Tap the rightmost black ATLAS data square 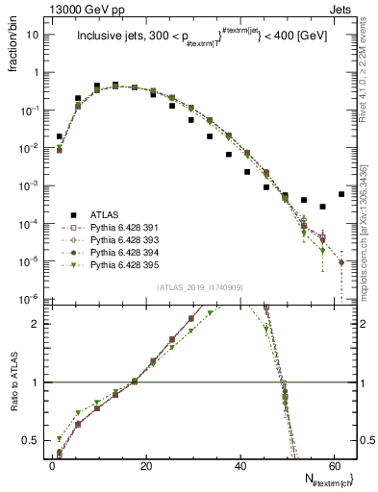341,194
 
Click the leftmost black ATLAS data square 60,136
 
